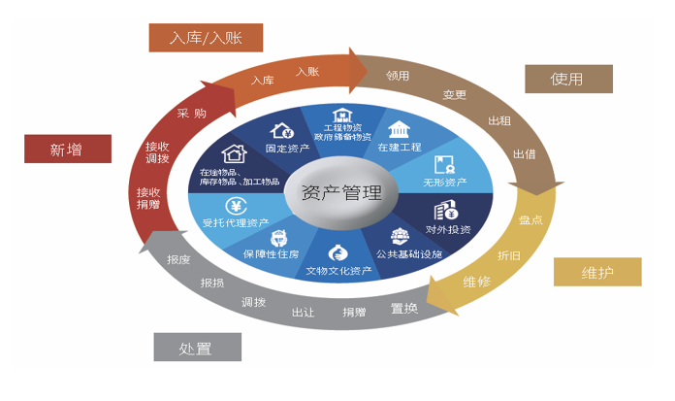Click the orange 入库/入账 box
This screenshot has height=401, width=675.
[205, 38]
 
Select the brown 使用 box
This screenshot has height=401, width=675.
[567, 79]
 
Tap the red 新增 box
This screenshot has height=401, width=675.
[67, 150]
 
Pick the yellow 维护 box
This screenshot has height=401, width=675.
[597, 272]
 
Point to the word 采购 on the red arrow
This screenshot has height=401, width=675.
[192, 113]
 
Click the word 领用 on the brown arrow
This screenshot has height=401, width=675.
[398, 75]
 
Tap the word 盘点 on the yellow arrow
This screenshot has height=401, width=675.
[530, 220]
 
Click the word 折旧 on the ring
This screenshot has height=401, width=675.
[508, 255]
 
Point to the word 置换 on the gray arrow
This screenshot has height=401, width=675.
[404, 308]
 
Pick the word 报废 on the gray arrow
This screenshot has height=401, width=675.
[178, 259]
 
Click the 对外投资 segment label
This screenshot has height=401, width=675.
[448, 229]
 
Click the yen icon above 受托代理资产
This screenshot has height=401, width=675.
[235, 205]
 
